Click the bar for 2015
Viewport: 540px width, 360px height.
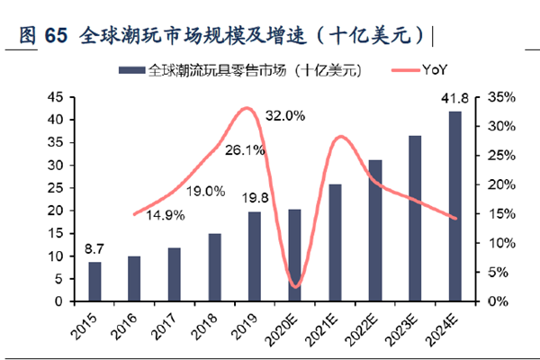(x=94, y=282)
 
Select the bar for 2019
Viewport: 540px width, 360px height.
(x=256, y=256)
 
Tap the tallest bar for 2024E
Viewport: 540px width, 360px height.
(x=454, y=206)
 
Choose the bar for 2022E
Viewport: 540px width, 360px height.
(x=374, y=230)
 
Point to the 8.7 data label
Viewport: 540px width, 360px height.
(x=94, y=248)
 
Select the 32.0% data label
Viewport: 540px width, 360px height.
(x=285, y=115)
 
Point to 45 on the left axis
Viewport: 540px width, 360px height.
(x=53, y=97)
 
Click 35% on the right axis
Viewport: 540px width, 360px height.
(x=500, y=97)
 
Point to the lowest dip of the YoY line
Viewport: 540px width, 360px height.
(x=295, y=287)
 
